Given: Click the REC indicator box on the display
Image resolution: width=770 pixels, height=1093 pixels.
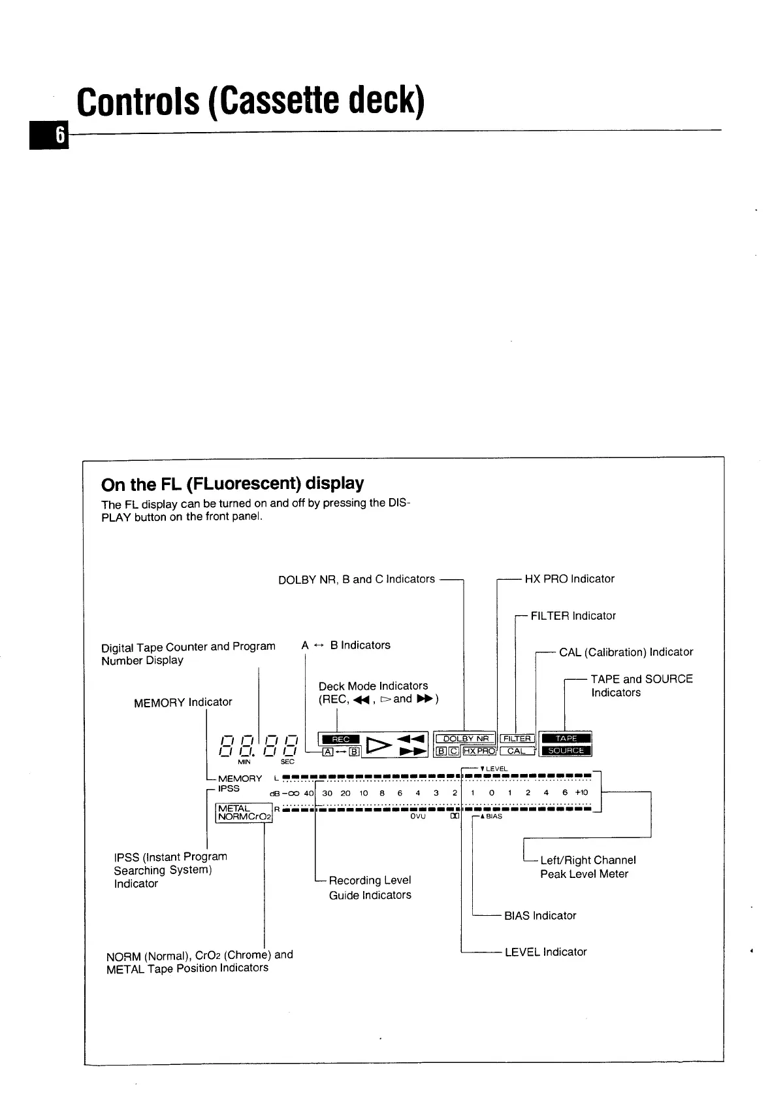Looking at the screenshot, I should pyautogui.click(x=341, y=739).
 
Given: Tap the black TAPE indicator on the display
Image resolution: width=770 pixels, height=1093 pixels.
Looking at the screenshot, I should pyautogui.click(x=566, y=739).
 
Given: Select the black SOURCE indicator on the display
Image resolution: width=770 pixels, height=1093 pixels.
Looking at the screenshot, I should pyautogui.click(x=566, y=750).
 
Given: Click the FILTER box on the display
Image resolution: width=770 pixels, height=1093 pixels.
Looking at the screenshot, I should pyautogui.click(x=517, y=739).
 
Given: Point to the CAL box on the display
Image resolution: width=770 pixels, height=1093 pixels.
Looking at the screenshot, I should pyautogui.click(x=516, y=751).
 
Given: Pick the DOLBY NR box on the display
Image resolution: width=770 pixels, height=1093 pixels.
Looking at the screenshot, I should pyautogui.click(x=465, y=739).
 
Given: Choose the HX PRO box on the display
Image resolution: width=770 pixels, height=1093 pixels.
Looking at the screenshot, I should pyautogui.click(x=479, y=751).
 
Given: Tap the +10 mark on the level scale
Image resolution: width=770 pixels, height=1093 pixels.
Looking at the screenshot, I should pyautogui.click(x=581, y=792).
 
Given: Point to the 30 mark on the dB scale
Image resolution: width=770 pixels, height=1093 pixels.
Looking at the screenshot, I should pyautogui.click(x=327, y=793).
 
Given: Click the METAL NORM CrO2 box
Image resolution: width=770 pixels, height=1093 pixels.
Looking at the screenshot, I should pyautogui.click(x=243, y=813).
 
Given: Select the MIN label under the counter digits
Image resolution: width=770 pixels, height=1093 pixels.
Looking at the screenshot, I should pyautogui.click(x=244, y=762).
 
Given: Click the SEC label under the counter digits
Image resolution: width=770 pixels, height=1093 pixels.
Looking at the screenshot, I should pyautogui.click(x=287, y=762).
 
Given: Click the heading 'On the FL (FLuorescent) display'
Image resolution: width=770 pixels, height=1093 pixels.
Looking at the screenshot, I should pyautogui.click(x=233, y=484).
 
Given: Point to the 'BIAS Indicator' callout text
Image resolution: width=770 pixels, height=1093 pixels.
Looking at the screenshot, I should pyautogui.click(x=540, y=915).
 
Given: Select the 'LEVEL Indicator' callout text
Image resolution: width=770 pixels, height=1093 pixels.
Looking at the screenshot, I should pyautogui.click(x=545, y=952).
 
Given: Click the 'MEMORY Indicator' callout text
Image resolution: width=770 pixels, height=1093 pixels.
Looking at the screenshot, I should pyautogui.click(x=183, y=702).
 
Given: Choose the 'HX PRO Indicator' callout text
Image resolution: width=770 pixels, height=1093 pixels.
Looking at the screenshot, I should pyautogui.click(x=569, y=579).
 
